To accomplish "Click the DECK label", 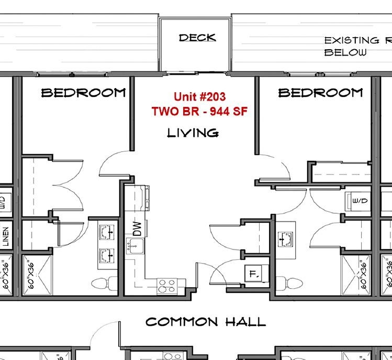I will [x=197, y=38].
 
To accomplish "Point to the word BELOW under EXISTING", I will [x=345, y=52].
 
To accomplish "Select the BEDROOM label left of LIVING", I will [x=84, y=93].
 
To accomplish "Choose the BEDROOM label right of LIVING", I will [x=320, y=93].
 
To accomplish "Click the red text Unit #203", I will [x=199, y=97].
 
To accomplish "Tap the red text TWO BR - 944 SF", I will [x=199, y=111].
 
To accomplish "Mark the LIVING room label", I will [x=193, y=133].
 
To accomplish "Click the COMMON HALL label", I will [x=206, y=322].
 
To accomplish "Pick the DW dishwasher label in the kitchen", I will [x=137, y=228].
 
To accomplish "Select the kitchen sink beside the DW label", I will [x=135, y=244].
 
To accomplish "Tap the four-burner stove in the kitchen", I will [x=167, y=285].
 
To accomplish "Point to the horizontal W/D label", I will [x=359, y=201].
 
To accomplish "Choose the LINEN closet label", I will [x=5, y=237].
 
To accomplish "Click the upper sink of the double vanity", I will [x=107, y=231].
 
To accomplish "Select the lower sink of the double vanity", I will [x=107, y=255].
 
